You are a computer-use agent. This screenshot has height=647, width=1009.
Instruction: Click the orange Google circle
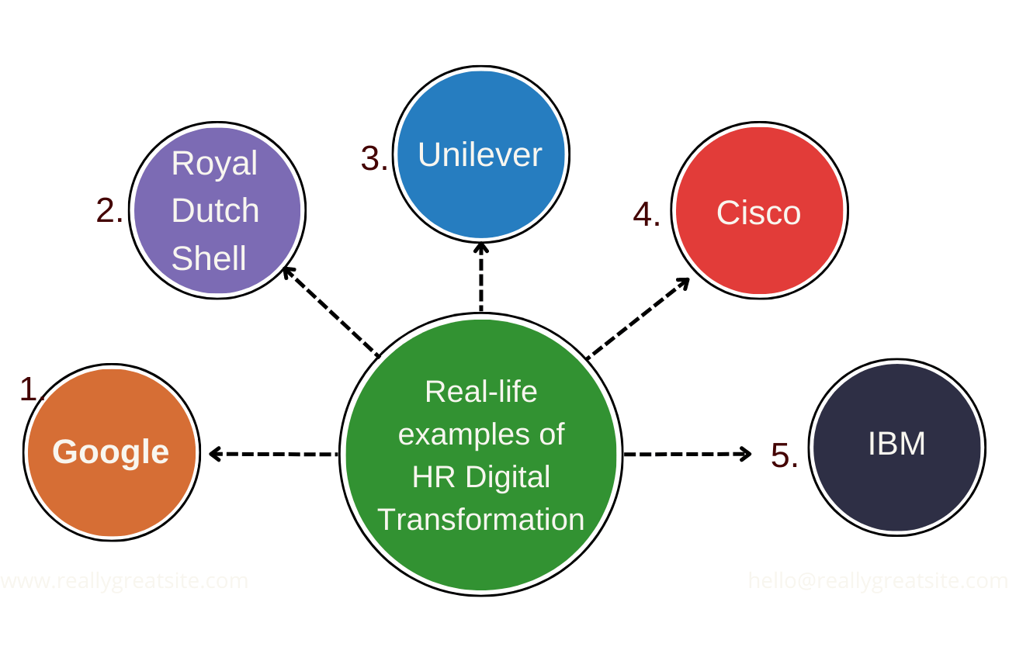(112, 452)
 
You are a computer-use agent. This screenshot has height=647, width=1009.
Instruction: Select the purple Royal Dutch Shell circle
(217, 209)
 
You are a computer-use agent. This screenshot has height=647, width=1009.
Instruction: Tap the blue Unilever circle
(480, 154)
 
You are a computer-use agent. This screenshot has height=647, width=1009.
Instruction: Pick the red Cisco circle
(759, 210)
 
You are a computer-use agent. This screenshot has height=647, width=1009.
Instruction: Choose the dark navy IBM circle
(896, 447)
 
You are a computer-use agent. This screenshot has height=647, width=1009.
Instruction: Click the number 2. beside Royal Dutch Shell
(109, 210)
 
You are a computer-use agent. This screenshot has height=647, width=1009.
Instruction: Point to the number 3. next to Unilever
(374, 158)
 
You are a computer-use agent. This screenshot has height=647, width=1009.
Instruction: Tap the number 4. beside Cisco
(647, 214)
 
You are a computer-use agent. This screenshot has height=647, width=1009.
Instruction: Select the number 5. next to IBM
(784, 455)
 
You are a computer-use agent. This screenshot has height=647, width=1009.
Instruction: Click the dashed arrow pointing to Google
(273, 454)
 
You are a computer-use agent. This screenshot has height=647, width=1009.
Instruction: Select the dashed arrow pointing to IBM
(688, 454)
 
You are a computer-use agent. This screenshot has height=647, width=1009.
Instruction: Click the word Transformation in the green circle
(481, 519)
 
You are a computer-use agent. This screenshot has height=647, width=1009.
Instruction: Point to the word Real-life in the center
(481, 391)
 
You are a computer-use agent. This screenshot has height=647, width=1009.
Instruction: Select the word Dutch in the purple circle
(215, 210)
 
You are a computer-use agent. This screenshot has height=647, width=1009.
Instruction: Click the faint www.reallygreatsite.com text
(124, 580)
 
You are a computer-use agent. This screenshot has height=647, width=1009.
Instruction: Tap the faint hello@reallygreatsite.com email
(877, 580)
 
